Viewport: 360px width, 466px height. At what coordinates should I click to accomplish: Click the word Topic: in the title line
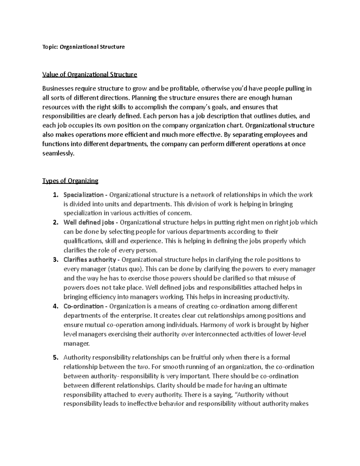[x=50, y=47]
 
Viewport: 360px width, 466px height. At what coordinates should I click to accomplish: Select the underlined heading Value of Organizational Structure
[x=90, y=74]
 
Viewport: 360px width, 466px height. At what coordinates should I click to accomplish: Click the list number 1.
[x=55, y=195]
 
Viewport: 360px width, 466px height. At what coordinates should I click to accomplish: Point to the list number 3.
[x=55, y=260]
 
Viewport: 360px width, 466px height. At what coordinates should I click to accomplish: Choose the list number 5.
[x=55, y=357]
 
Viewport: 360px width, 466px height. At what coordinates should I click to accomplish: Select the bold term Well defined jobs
[x=90, y=223]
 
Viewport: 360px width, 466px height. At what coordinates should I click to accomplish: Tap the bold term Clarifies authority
[x=89, y=260]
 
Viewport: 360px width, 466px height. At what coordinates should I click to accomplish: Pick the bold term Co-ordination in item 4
[x=83, y=306]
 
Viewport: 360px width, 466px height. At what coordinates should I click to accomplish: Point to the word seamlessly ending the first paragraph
[x=58, y=153]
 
